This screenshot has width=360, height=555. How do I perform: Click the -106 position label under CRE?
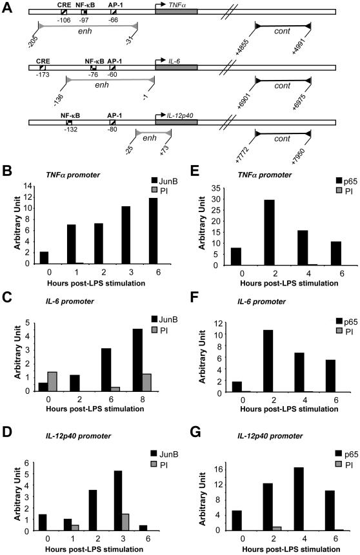coord(63,20)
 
